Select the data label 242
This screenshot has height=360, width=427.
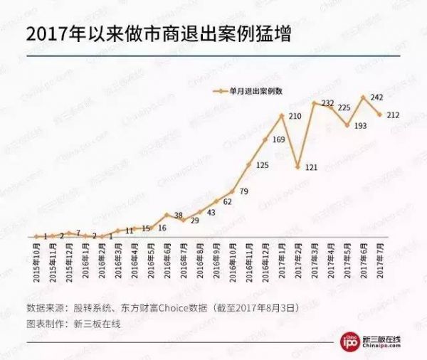point(378,97)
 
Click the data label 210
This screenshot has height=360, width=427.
point(295,115)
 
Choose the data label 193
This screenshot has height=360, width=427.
point(360,125)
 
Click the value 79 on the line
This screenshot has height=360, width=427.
point(243,191)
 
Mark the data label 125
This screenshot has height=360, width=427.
point(263,165)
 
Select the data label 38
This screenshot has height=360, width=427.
point(179,214)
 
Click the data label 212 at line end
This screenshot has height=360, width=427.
point(393,115)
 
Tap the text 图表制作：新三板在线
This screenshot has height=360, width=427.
point(73,323)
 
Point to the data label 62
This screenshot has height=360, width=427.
point(227,202)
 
